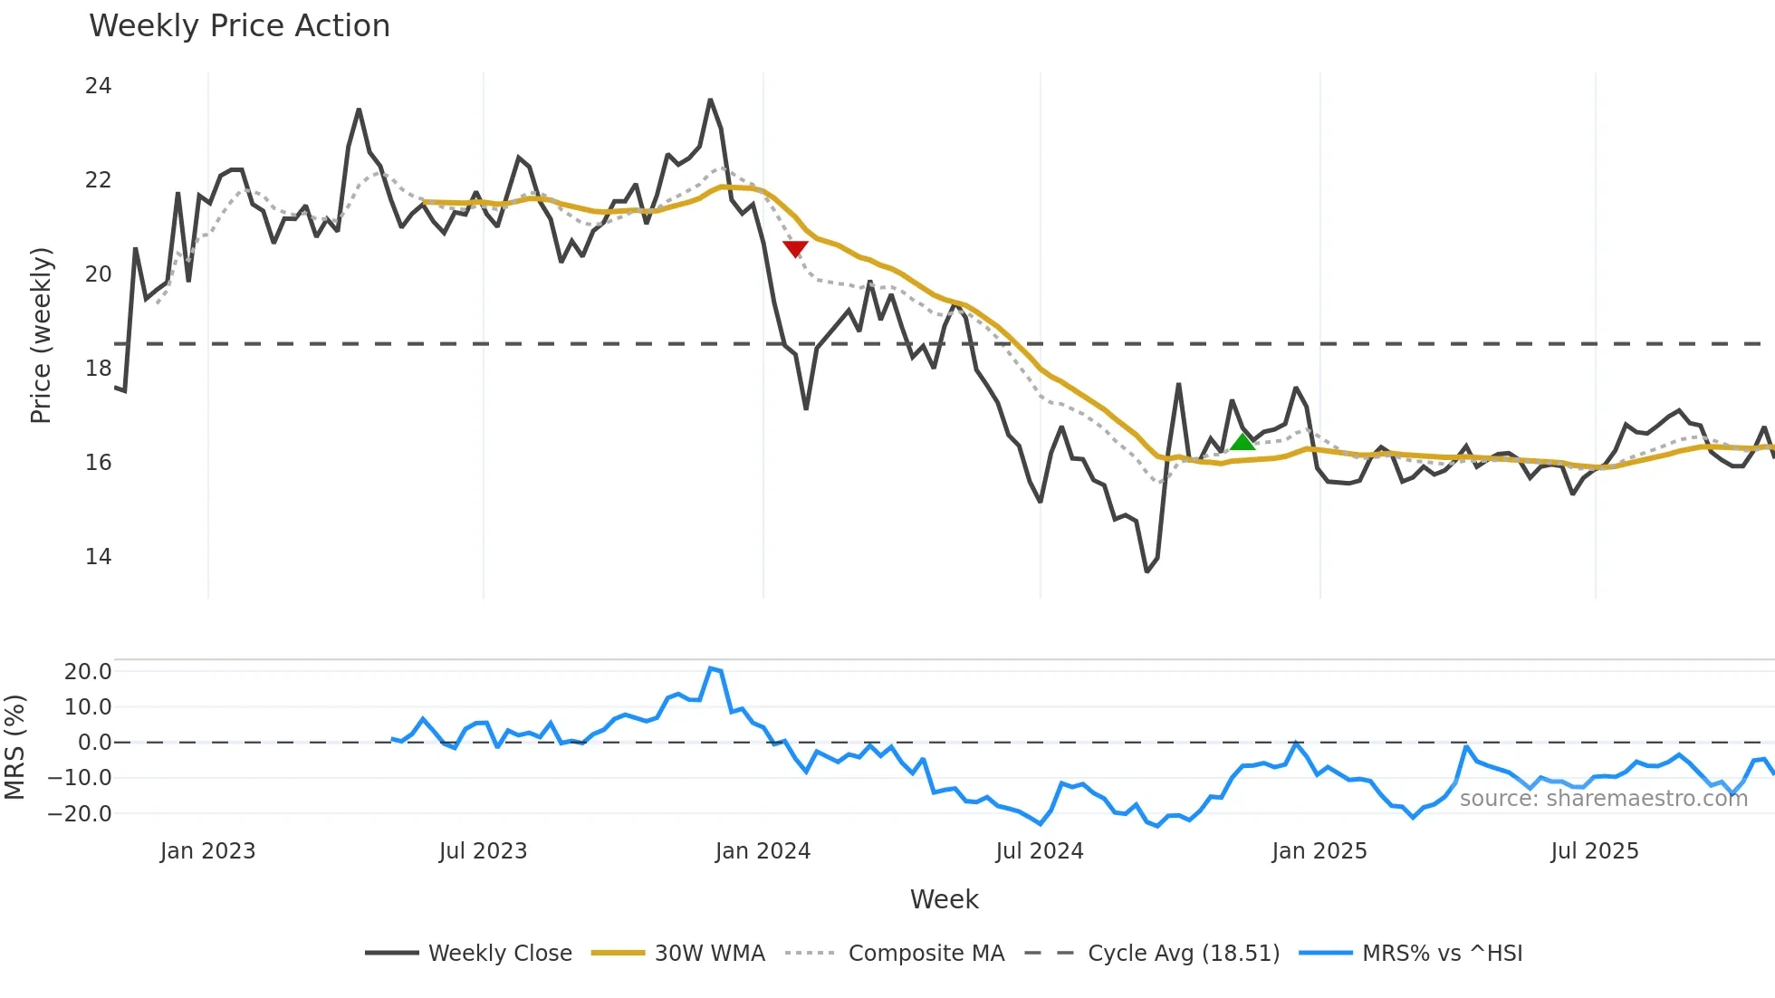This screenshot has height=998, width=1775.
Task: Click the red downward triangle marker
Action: coord(795,249)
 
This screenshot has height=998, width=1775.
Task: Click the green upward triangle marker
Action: coord(1242,442)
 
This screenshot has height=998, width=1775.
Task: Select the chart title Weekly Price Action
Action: coord(239,26)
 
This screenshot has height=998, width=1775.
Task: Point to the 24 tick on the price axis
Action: coord(98,86)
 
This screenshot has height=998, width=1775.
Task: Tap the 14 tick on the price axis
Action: coord(98,557)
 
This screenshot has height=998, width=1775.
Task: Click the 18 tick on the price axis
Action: coord(98,369)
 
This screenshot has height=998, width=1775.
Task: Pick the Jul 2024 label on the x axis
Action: coord(1039,851)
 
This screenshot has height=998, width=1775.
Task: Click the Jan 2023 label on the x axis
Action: coord(207,851)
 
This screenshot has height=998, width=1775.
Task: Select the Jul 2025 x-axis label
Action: coord(1594,851)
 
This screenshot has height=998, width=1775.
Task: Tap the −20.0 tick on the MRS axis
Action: coord(80,814)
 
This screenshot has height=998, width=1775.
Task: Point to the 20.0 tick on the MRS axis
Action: coord(88,672)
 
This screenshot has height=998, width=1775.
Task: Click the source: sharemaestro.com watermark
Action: coord(1603,799)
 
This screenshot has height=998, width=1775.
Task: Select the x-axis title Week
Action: coord(944,899)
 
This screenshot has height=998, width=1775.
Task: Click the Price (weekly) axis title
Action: coord(41,335)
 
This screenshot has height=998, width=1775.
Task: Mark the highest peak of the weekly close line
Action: coord(710,100)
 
